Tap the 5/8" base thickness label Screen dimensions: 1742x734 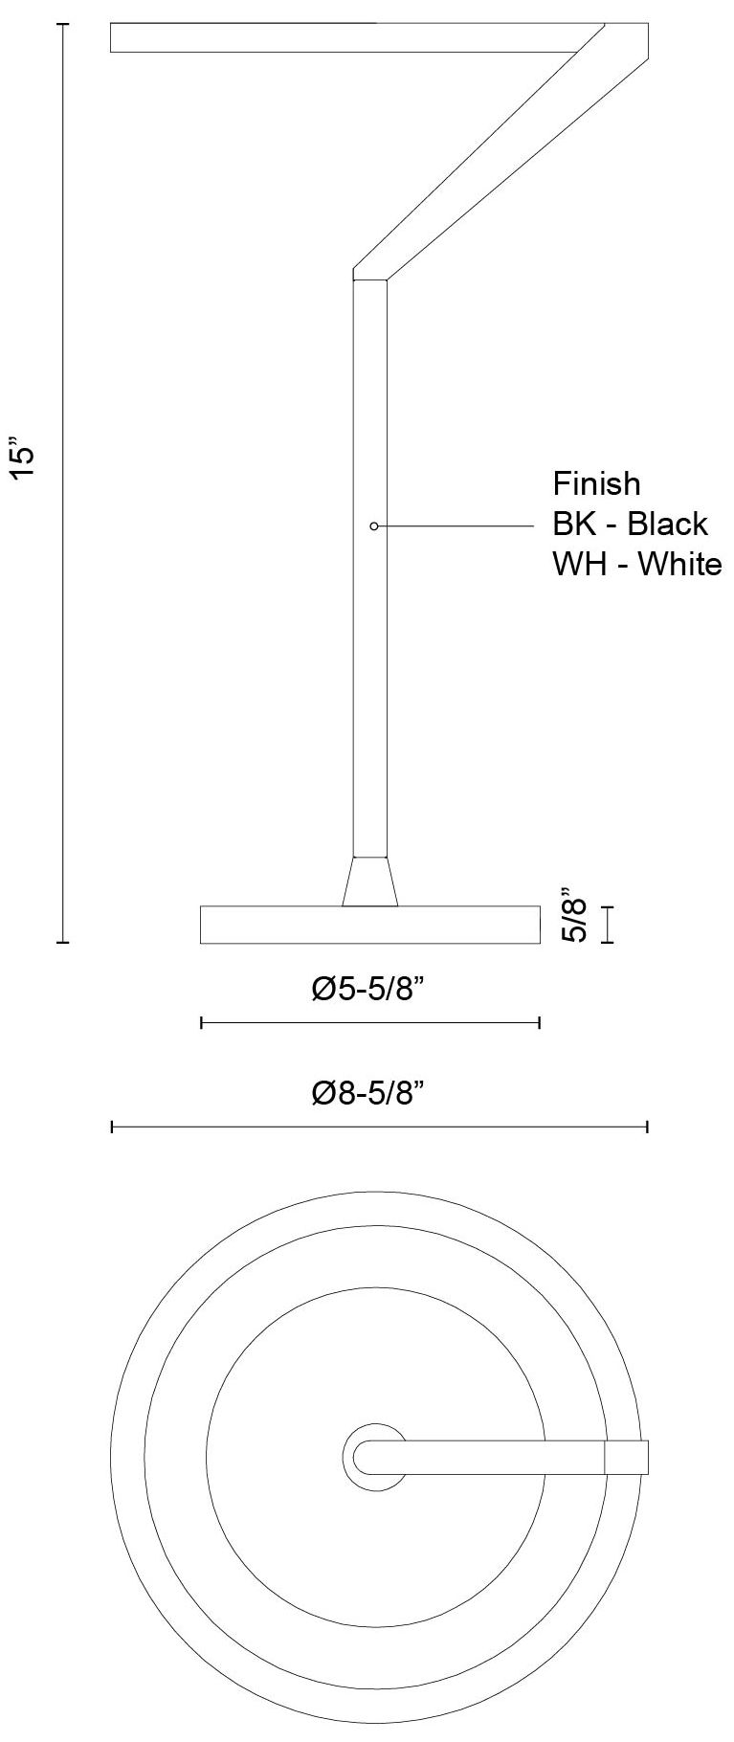click(575, 914)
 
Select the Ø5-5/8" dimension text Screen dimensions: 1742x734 click(368, 989)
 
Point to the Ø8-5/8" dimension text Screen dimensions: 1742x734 click(368, 1092)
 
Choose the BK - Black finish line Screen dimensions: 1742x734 click(630, 524)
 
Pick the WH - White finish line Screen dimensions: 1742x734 click(636, 564)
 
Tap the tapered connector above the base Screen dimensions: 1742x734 click(370, 882)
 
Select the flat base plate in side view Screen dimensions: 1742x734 click(370, 925)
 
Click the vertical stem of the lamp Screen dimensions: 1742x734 click(370, 670)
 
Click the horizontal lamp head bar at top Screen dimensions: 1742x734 click(345, 37)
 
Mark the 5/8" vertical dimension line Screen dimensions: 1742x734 click(607, 925)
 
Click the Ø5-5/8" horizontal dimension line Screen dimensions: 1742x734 click(370, 1023)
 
